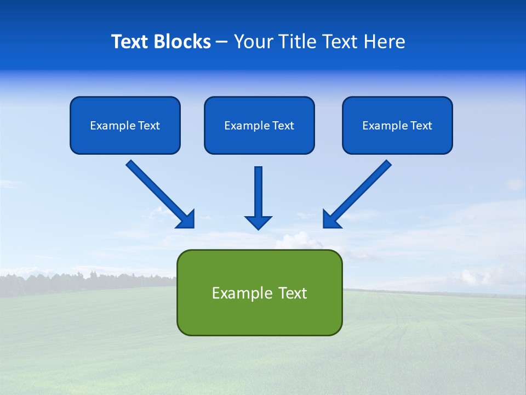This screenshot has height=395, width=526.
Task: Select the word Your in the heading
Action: click(253, 42)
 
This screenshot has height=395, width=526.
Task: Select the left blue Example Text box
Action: click(125, 126)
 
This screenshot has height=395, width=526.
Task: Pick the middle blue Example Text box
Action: click(259, 126)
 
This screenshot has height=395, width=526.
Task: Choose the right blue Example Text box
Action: click(397, 126)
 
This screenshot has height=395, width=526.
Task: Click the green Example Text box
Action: click(259, 292)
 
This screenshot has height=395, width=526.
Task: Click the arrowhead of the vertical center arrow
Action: click(258, 222)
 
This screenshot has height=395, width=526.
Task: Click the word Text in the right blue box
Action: click(421, 126)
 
